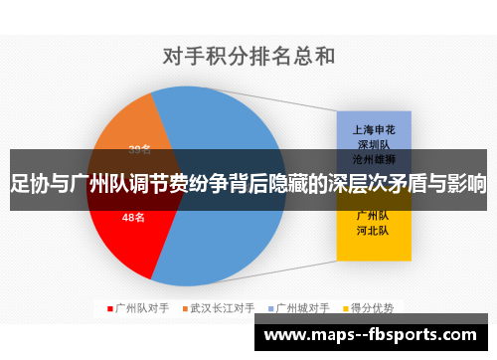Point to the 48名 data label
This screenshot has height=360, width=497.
133,217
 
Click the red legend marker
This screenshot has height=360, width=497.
109,308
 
